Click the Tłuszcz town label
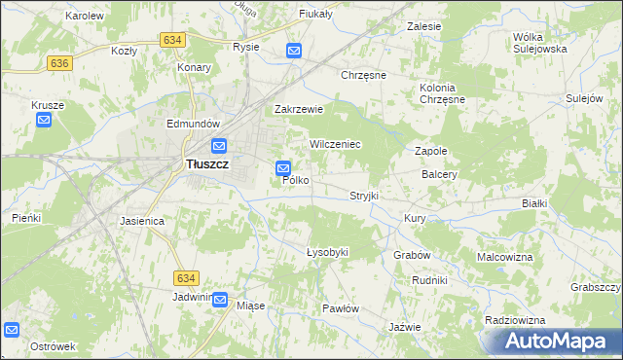[207, 165]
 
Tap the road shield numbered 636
[59, 62]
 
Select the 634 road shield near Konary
[173, 39]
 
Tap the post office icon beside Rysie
[294, 51]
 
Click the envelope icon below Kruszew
[44, 120]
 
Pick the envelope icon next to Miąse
[220, 301]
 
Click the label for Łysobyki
[327, 252]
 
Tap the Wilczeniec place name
[336, 144]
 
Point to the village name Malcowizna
[504, 257]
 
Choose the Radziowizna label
[512, 319]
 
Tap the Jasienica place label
[142, 221]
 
